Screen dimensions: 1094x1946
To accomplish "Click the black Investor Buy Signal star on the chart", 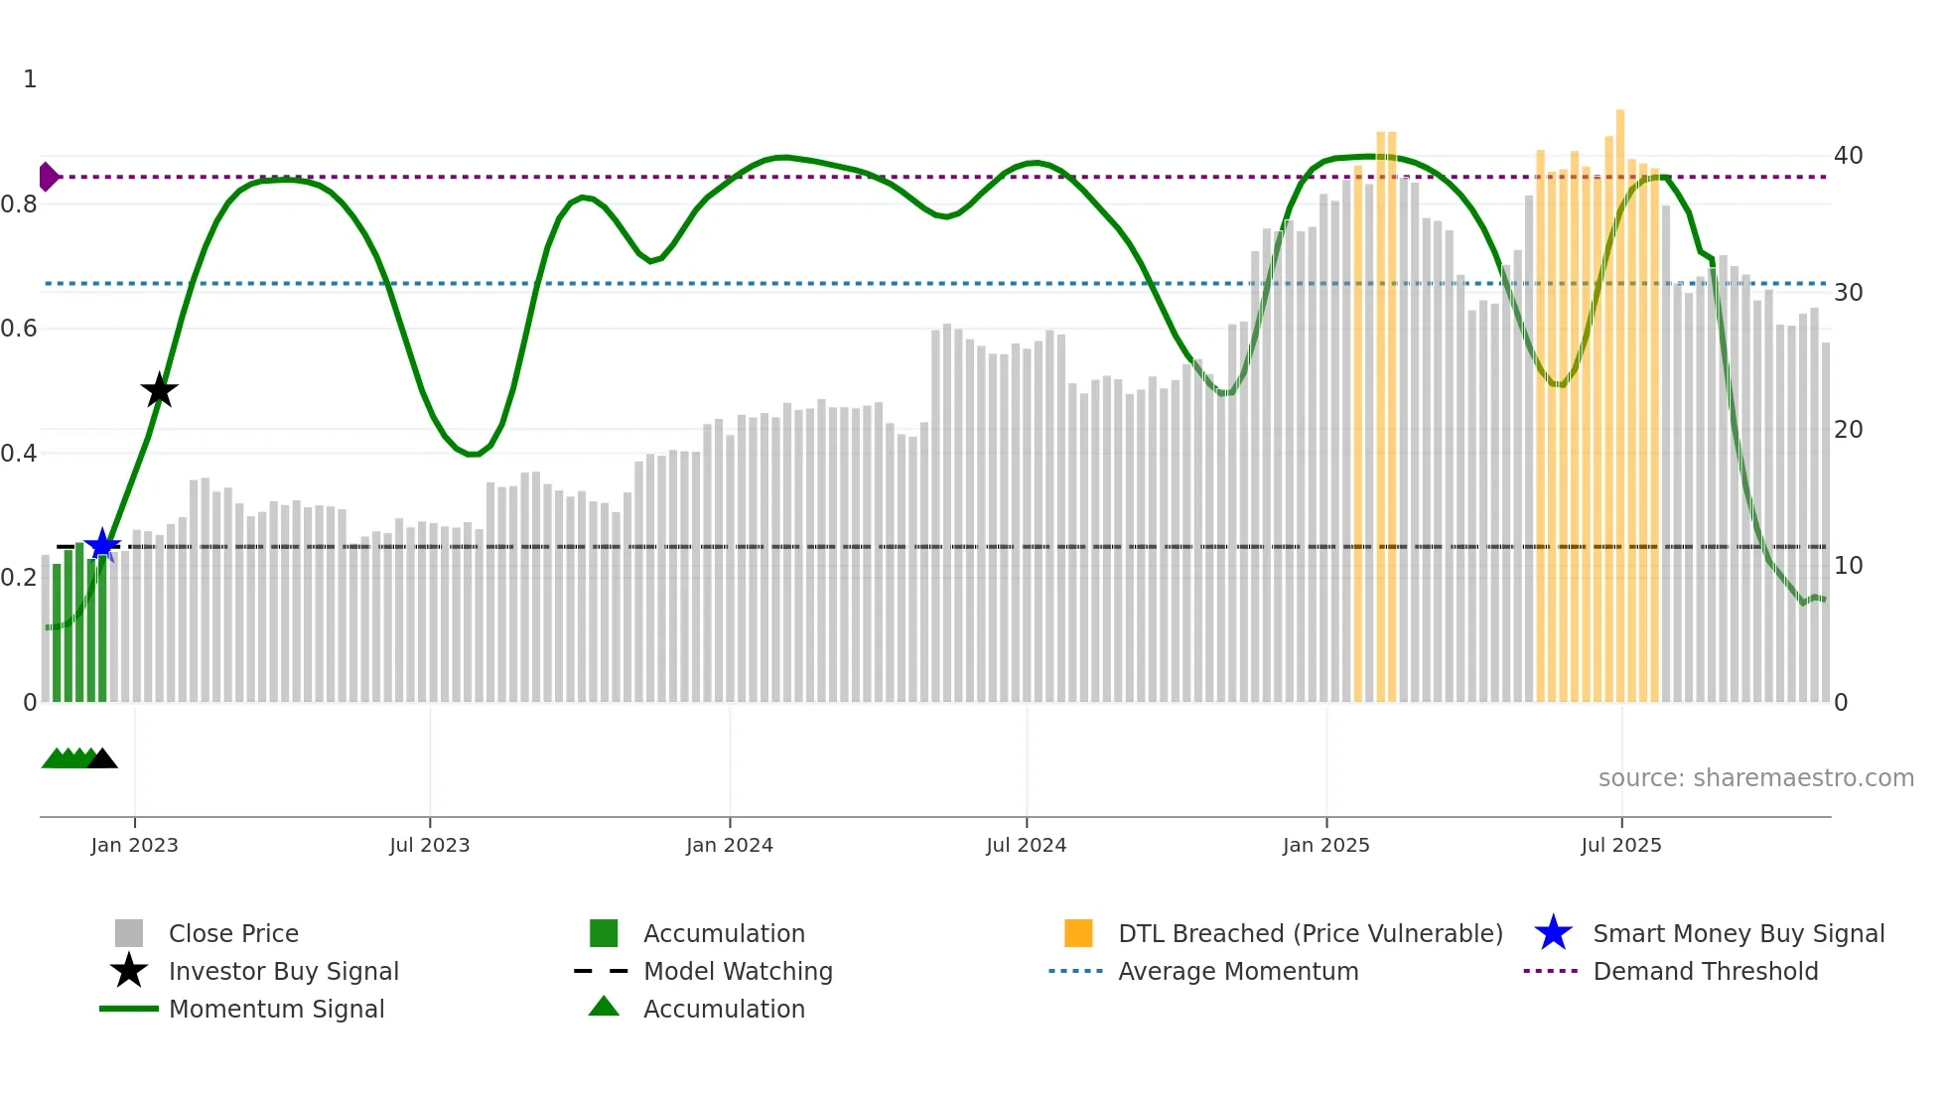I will (x=159, y=390).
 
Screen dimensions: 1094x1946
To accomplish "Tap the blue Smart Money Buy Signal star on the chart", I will (x=102, y=545).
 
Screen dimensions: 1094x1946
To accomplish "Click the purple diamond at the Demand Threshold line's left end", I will (x=48, y=177).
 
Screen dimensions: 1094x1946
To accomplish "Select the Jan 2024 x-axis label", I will (x=729, y=845).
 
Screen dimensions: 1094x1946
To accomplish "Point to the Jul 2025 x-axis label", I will (x=1620, y=845).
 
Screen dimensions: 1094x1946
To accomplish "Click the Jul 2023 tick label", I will (x=429, y=845).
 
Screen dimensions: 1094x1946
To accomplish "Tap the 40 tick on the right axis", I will (x=1848, y=156).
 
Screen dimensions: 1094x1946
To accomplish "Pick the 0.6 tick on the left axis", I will (x=18, y=329).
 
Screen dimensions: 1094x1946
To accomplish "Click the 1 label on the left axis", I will (x=30, y=79).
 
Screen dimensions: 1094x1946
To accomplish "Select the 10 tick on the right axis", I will (x=1848, y=566).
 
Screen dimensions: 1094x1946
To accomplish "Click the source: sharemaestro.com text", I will (x=1755, y=778).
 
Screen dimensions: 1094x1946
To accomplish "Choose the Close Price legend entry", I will (x=233, y=933).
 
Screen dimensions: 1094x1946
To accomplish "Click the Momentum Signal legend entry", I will (x=276, y=1009).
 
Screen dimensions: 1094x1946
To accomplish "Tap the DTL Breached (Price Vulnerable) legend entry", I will (x=1310, y=933).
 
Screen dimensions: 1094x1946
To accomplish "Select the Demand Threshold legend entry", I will (x=1705, y=971).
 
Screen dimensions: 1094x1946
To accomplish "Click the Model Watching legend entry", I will (x=738, y=971).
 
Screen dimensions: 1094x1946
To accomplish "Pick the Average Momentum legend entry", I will (x=1238, y=971).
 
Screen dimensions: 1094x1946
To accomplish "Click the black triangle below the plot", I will (x=102, y=758).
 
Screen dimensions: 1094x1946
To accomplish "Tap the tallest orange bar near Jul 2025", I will (x=1620, y=397).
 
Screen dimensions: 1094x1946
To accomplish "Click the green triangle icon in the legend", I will (x=604, y=1007).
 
